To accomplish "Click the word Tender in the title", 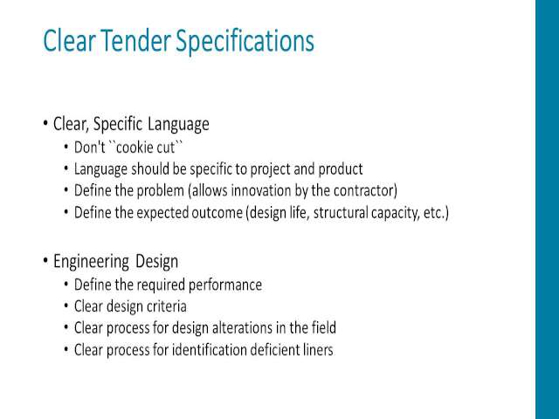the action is coord(135,40).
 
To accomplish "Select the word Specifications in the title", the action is coord(245,42).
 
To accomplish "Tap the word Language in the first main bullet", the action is coord(178,124).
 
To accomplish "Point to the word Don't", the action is coord(89,148).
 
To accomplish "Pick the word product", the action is coord(341,169).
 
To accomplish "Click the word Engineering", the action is coord(91,262).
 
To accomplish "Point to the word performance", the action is coord(225,285).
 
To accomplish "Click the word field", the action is coord(324,327).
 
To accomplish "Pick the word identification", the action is coord(210,350).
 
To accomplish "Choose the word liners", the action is coord(319,350).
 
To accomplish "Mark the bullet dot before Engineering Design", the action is coord(45,260).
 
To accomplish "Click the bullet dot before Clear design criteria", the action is coord(66,306).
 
